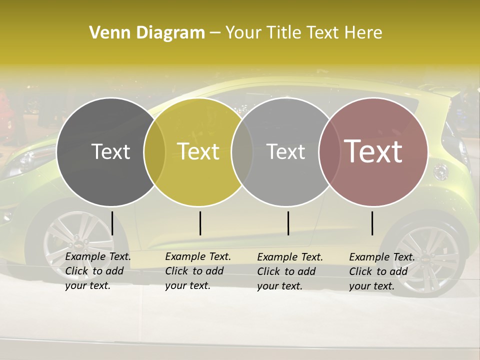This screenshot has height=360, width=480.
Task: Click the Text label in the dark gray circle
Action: pyautogui.click(x=110, y=151)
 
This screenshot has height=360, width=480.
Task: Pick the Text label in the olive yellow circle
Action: pyautogui.click(x=198, y=151)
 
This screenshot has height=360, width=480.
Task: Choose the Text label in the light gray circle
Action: pyautogui.click(x=285, y=151)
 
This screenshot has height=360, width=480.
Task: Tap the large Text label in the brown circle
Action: pyautogui.click(x=373, y=151)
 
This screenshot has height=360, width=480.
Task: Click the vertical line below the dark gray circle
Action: pyautogui.click(x=112, y=223)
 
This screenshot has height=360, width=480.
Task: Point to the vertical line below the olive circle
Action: pyautogui.click(x=200, y=223)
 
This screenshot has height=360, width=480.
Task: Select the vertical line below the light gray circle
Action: pyautogui.click(x=288, y=223)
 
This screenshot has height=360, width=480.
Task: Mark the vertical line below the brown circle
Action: pyautogui.click(x=372, y=223)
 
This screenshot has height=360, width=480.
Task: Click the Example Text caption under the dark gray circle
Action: pyautogui.click(x=98, y=271)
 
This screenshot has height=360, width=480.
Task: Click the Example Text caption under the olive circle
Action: pyautogui.click(x=198, y=271)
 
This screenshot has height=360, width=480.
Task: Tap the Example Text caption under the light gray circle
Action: pyautogui.click(x=290, y=271)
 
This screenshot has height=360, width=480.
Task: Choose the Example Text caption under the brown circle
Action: pyautogui.click(x=382, y=271)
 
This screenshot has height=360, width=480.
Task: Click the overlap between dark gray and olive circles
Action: pyautogui.click(x=154, y=151)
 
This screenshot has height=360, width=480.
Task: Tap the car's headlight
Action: pyautogui.click(x=30, y=159)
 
